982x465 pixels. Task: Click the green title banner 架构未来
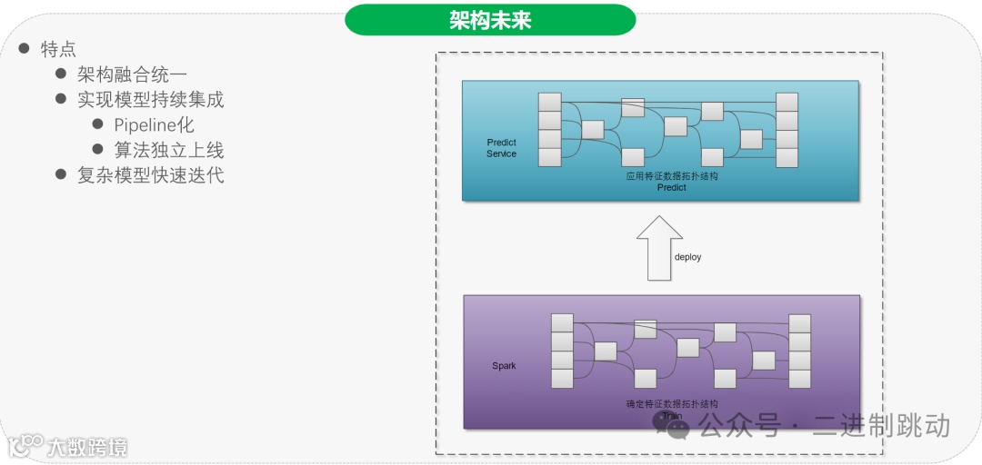490,20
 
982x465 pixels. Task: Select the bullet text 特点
59,49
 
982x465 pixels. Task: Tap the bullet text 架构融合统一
132,74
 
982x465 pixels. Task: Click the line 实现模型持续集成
150,99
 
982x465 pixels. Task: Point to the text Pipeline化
154,124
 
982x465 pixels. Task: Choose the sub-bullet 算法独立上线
168,150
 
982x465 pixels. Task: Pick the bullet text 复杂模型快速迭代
150,175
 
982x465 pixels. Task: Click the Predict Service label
501,148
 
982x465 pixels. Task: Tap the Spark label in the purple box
504,366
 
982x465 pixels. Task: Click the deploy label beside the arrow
687,257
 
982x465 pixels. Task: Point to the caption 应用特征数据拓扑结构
671,176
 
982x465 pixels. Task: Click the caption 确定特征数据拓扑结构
672,404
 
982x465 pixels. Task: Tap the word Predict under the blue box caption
671,188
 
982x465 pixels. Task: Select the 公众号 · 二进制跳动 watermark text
824,425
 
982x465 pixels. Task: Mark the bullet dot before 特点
25,48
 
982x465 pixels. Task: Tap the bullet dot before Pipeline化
98,124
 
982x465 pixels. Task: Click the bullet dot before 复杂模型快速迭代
61,174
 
